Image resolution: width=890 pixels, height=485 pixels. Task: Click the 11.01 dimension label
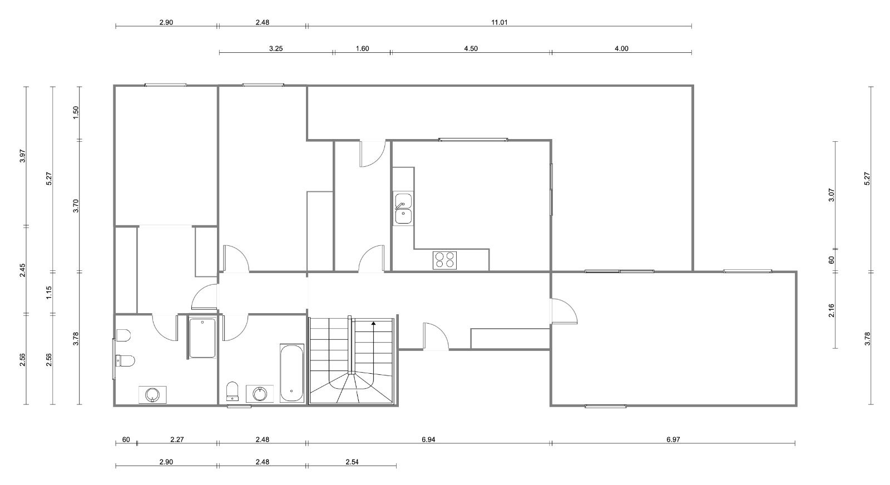[x=500, y=22]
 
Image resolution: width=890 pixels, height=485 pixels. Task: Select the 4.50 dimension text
[x=471, y=48]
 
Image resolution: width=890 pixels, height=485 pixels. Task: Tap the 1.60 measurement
[x=362, y=48]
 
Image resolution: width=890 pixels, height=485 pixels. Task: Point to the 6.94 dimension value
[x=428, y=439]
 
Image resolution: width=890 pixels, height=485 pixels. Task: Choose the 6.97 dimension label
[x=673, y=439]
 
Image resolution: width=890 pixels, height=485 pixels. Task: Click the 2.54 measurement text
[x=352, y=462]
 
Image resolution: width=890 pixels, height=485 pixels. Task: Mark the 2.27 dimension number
[x=177, y=439]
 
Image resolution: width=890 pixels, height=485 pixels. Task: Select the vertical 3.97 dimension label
[x=23, y=156]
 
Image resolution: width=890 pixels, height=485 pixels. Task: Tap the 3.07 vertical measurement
[x=831, y=195]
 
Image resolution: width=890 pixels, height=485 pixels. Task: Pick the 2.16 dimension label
[x=831, y=310]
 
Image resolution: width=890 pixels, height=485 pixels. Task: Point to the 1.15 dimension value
[x=49, y=293]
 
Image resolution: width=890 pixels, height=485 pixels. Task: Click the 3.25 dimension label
[x=276, y=48]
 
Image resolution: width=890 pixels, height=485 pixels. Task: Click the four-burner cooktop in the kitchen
[x=444, y=260]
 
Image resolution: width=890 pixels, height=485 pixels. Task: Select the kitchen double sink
[x=403, y=208]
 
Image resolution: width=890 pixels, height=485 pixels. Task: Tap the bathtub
[x=292, y=373]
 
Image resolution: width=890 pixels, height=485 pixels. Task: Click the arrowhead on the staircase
[x=373, y=323]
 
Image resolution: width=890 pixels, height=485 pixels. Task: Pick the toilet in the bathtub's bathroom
[x=232, y=391]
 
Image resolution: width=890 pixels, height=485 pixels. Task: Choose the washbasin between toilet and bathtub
[x=260, y=394]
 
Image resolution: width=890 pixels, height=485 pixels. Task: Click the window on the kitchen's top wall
[x=473, y=140]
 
